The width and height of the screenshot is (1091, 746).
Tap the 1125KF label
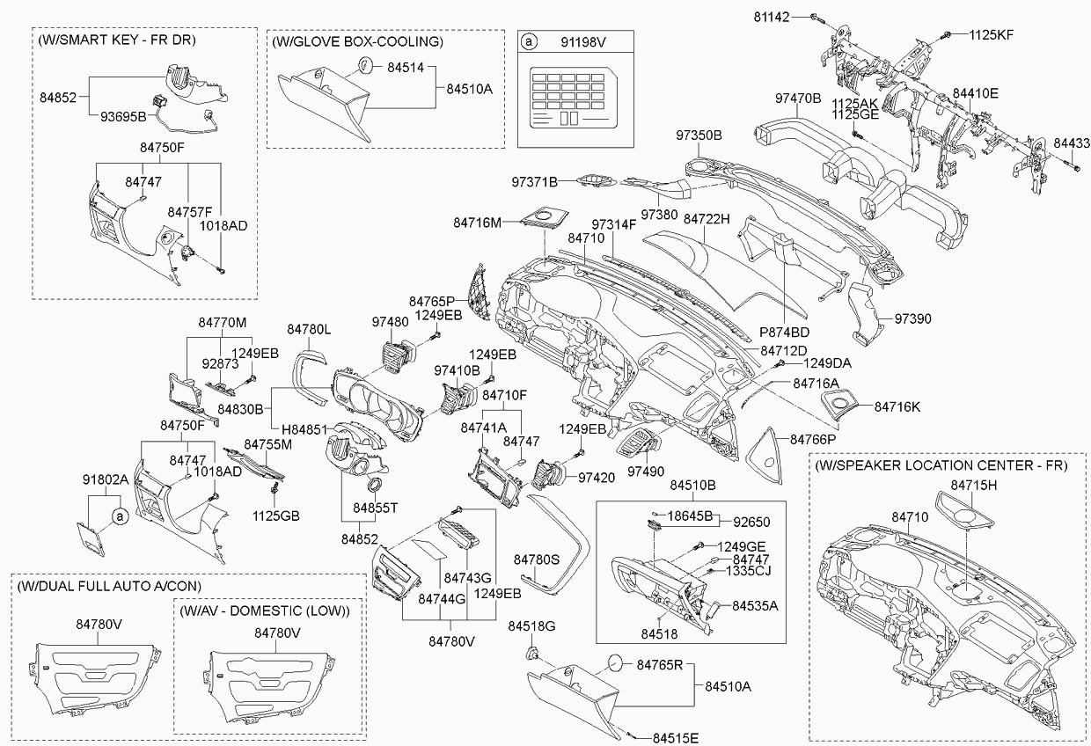pyautogui.click(x=992, y=35)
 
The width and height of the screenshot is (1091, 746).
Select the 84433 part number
pyautogui.click(x=1072, y=143)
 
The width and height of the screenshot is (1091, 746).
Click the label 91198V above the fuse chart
pyautogui.click(x=582, y=41)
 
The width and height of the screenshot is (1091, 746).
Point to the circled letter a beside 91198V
pyautogui.click(x=528, y=41)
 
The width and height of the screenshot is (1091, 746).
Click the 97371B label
pyautogui.click(x=535, y=182)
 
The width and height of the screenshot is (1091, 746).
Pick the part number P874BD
pyautogui.click(x=785, y=333)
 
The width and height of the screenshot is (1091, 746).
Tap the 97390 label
pyautogui.click(x=913, y=318)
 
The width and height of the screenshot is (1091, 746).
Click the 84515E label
pyautogui.click(x=676, y=737)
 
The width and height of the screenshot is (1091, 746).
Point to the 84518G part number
pyautogui.click(x=532, y=626)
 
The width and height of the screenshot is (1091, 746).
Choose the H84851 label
pyautogui.click(x=304, y=428)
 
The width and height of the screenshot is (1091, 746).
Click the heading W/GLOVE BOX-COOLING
pyautogui.click(x=357, y=41)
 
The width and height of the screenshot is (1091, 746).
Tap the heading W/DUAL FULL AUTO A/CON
pyautogui.click(x=107, y=586)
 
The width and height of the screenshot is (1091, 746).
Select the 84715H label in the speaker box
pyautogui.click(x=973, y=485)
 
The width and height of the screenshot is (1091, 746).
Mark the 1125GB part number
pyautogui.click(x=276, y=515)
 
